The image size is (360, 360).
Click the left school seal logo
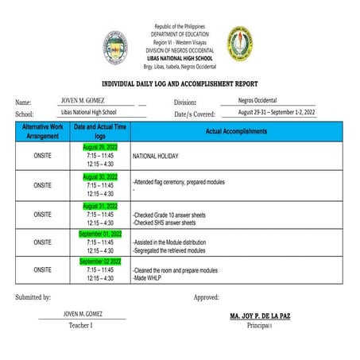(116, 47)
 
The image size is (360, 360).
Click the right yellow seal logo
(242, 44)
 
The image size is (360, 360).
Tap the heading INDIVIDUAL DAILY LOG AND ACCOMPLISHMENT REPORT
(180, 83)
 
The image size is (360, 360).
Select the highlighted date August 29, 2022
(100, 148)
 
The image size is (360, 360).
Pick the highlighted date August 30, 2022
(100, 176)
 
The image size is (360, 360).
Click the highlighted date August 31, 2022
(100, 205)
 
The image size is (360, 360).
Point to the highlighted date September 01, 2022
(100, 234)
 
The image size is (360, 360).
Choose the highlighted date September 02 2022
(100, 261)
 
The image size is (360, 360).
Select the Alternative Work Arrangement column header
(42, 131)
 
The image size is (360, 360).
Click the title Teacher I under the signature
(80, 325)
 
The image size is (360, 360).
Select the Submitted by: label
(33, 297)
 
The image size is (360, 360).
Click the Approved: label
(207, 297)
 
